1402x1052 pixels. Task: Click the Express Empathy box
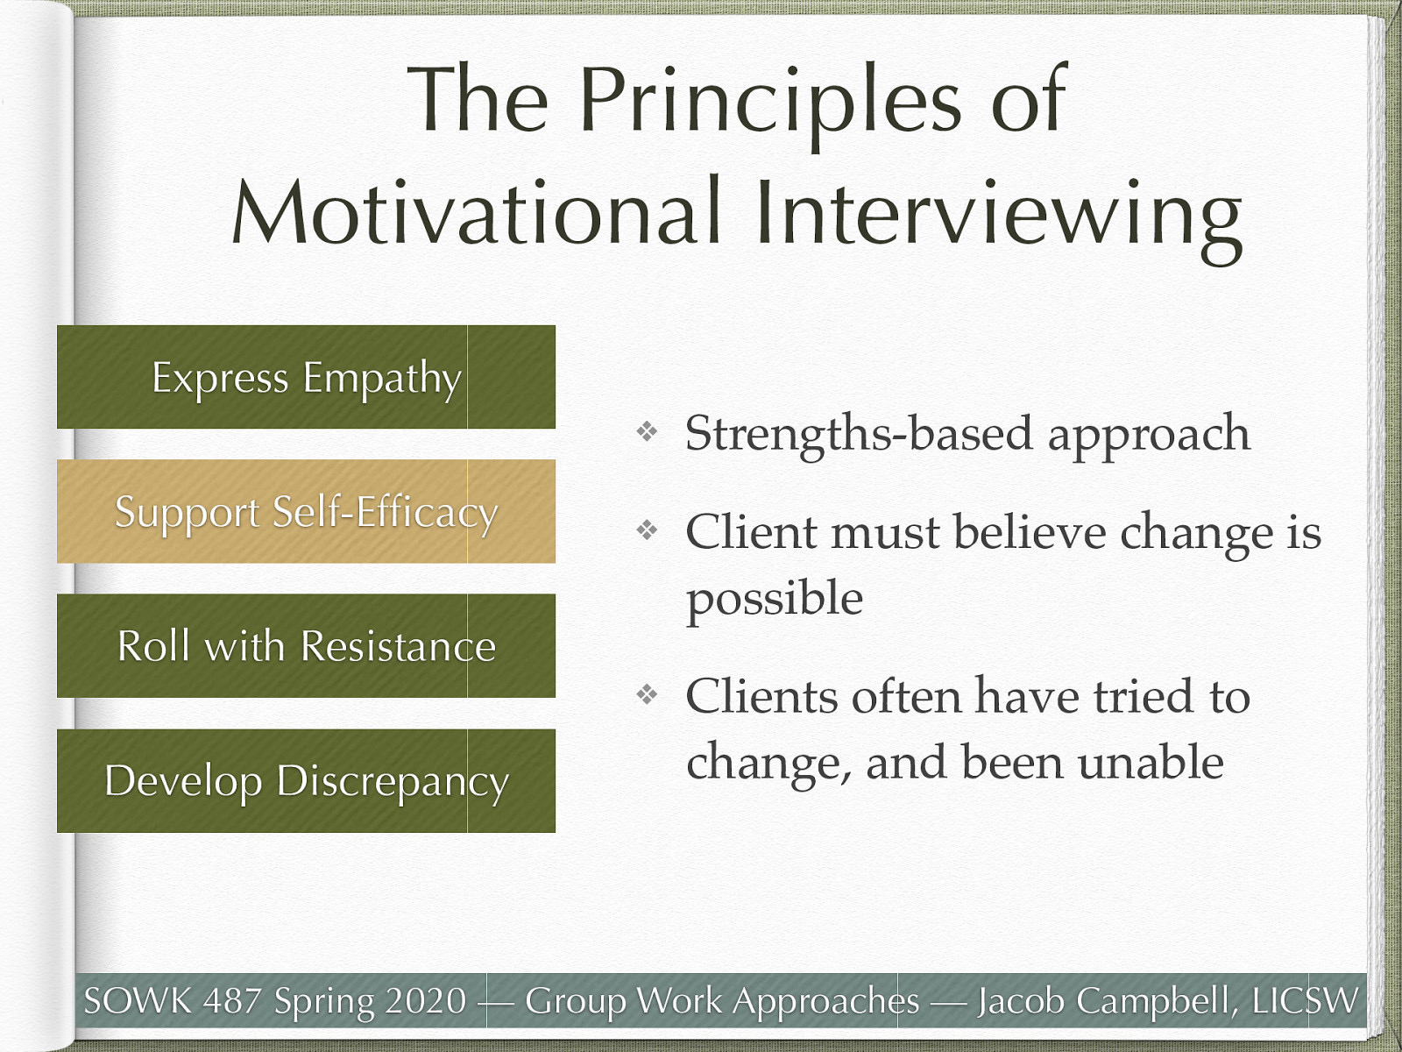(x=306, y=377)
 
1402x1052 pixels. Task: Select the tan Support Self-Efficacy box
(x=306, y=511)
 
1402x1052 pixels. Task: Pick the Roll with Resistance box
(x=306, y=646)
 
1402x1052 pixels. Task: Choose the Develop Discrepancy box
(x=306, y=780)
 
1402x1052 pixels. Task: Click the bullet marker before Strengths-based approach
(x=647, y=431)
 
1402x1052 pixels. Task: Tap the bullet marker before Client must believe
(x=647, y=530)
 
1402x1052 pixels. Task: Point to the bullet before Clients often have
(x=647, y=695)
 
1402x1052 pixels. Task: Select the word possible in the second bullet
(x=774, y=600)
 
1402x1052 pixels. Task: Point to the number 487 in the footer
(x=233, y=1000)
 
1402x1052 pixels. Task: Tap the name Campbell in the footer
(x=1157, y=1000)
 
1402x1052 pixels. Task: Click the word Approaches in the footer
(x=827, y=1000)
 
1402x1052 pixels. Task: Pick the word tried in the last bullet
(x=1143, y=697)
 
